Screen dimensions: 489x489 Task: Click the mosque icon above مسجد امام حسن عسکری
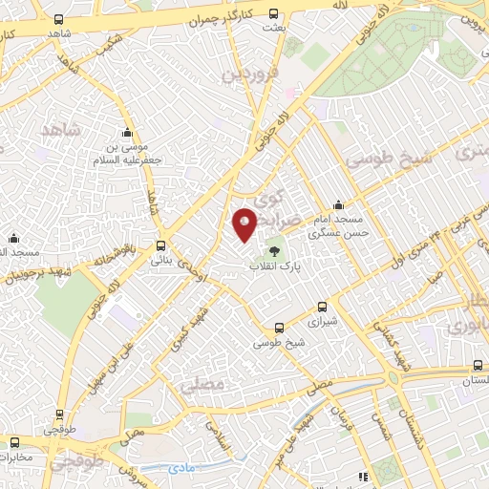(x=338, y=204)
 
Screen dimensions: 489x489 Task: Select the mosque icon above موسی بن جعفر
(x=127, y=133)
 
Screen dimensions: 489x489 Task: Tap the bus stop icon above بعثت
(x=275, y=13)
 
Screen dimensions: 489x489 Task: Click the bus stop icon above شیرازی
(x=322, y=308)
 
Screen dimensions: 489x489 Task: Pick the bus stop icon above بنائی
(x=161, y=244)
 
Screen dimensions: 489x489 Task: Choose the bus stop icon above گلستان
(x=478, y=366)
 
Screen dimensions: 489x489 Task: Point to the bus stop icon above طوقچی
(x=59, y=415)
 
